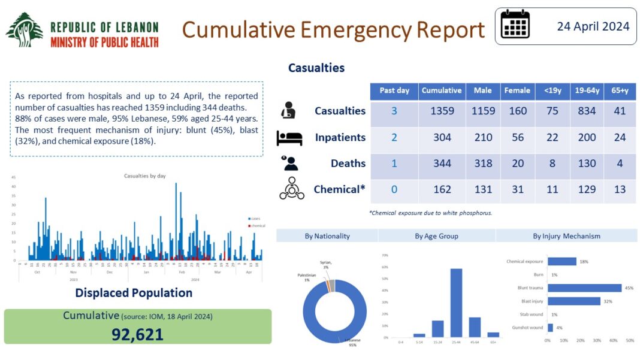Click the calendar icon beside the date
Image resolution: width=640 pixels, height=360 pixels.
[x=515, y=25]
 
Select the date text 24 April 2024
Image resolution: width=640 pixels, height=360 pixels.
[x=593, y=26]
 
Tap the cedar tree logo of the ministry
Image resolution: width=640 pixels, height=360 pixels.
[x=25, y=30]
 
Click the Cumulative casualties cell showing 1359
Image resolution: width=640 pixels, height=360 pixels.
[x=442, y=111]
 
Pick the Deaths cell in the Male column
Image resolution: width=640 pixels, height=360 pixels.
[x=482, y=164]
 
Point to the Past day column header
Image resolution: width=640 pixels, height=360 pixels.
[x=394, y=90]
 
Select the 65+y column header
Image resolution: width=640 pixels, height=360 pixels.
[x=620, y=90]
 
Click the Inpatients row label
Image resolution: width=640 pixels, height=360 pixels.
[x=340, y=138]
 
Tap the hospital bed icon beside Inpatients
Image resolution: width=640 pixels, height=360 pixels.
[x=289, y=138]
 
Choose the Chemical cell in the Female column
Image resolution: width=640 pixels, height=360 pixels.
[x=517, y=189]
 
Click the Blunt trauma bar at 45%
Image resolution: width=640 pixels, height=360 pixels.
[x=584, y=288]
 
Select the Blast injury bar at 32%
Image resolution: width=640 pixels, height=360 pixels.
[x=573, y=301]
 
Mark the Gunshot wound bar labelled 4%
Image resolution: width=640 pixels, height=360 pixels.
[x=550, y=328]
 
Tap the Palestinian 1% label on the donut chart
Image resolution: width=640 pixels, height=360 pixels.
[x=307, y=277]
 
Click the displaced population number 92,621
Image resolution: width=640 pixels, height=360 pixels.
[x=137, y=334]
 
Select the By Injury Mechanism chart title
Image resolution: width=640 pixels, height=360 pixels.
[x=566, y=236]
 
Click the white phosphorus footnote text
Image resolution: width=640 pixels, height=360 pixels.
[x=430, y=213]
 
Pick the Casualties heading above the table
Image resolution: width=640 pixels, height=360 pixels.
[x=316, y=68]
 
